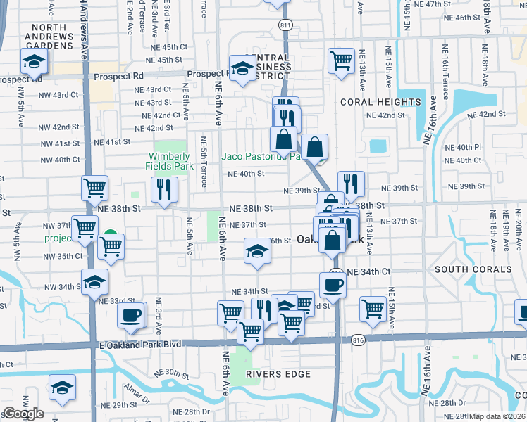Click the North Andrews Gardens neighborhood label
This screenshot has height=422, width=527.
coord(49,37)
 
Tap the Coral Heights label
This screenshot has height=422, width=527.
coord(380,102)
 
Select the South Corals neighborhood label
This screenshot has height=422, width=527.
coord(473,269)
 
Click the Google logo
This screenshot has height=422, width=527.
coord(23,414)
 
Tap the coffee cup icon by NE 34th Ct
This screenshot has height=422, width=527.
coord(333,284)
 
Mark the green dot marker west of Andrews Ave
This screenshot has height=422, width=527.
coord(110,237)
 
